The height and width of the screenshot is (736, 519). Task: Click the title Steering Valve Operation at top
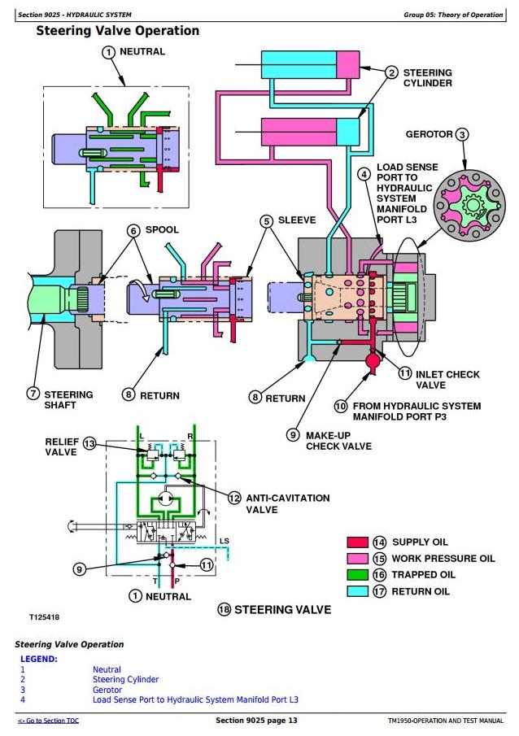point(118,31)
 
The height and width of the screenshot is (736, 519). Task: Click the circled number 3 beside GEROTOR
point(461,135)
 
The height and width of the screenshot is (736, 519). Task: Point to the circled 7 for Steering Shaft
point(33,394)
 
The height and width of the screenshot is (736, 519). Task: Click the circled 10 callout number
point(340,406)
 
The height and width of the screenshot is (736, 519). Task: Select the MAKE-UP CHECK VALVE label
point(338,440)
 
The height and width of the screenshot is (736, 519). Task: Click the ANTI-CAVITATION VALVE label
point(277,503)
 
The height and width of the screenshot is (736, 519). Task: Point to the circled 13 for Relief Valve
point(89,444)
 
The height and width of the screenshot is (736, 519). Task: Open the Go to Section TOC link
point(48,721)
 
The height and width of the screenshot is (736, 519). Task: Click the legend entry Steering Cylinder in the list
point(125,679)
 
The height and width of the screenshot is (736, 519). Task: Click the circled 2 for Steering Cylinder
point(390,72)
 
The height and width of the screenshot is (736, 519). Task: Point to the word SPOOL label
point(161,230)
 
